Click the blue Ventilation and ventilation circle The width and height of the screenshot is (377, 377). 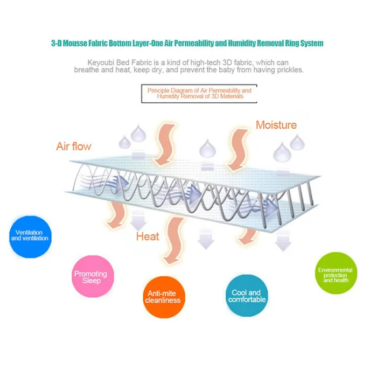click(x=30, y=237)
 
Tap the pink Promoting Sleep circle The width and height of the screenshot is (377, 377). click(x=93, y=276)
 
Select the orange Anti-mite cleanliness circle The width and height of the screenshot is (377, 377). click(x=164, y=297)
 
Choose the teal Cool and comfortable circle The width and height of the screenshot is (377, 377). click(x=247, y=296)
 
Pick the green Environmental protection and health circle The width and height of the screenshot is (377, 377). click(x=336, y=273)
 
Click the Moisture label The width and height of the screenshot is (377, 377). click(x=276, y=125)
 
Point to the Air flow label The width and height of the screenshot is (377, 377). click(x=74, y=146)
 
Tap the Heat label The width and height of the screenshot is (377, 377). click(x=148, y=236)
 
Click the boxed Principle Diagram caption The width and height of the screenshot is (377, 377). click(x=199, y=94)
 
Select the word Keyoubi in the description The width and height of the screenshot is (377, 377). click(x=101, y=63)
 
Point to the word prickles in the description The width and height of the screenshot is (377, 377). click(x=290, y=69)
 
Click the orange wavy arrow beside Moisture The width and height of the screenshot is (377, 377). click(x=237, y=150)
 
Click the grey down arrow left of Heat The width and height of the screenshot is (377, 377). click(x=138, y=220)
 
